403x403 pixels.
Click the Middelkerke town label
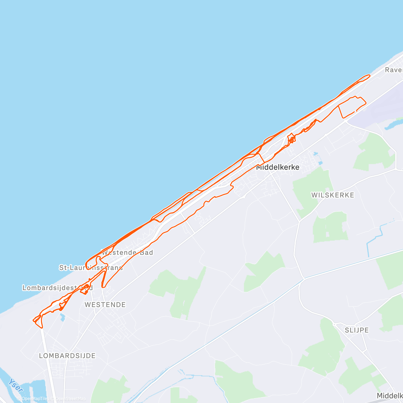pyautogui.click(x=278, y=167)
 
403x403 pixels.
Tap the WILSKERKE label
pyautogui.click(x=332, y=195)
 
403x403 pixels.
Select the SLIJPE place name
pyautogui.click(x=357, y=330)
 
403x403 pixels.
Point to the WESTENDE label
pyautogui.click(x=105, y=305)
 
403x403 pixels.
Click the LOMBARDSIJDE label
pyautogui.click(x=67, y=356)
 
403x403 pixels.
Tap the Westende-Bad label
pyautogui.click(x=127, y=253)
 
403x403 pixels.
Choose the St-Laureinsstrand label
pyautogui.click(x=91, y=268)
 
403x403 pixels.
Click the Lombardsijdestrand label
pyautogui.click(x=57, y=288)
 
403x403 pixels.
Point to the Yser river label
pyautogui.click(x=16, y=386)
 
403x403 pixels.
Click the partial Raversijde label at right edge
pyautogui.click(x=394, y=70)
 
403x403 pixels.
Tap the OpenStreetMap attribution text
pyautogui.click(x=70, y=399)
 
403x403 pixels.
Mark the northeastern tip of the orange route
pyautogui.click(x=369, y=76)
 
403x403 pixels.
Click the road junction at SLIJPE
pyautogui.click(x=334, y=324)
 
